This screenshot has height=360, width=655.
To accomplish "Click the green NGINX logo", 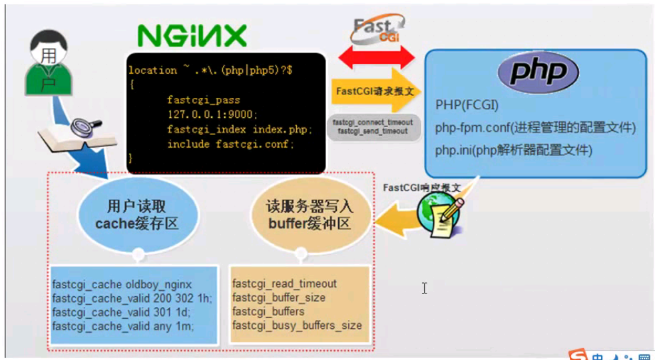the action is (192, 35).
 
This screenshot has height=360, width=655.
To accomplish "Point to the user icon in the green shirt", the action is (47, 67).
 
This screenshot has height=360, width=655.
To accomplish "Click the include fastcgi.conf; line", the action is (230, 143).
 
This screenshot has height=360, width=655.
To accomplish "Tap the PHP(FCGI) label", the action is (467, 105).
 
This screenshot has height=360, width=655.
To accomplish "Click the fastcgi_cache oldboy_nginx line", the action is (122, 285).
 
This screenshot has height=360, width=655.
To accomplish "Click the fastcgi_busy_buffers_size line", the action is (297, 325).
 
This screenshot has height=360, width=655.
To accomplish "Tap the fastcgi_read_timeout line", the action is (284, 284).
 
